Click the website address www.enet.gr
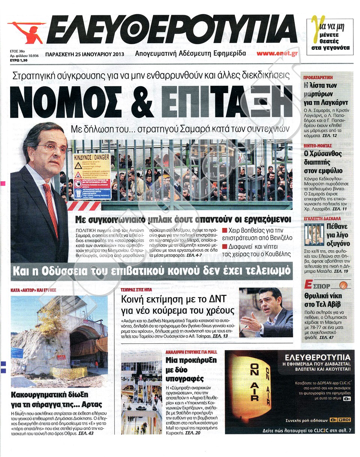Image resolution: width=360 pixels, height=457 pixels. (x=277, y=53)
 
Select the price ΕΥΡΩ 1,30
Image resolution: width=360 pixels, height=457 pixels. (x=19, y=59)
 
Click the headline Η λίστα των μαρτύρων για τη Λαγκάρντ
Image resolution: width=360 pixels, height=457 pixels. (x=326, y=93)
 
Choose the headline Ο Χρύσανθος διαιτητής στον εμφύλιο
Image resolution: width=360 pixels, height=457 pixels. (x=323, y=161)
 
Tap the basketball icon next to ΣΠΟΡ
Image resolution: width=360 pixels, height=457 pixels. (x=343, y=285)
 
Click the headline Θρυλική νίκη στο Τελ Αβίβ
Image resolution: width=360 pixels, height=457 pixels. (x=323, y=300)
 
